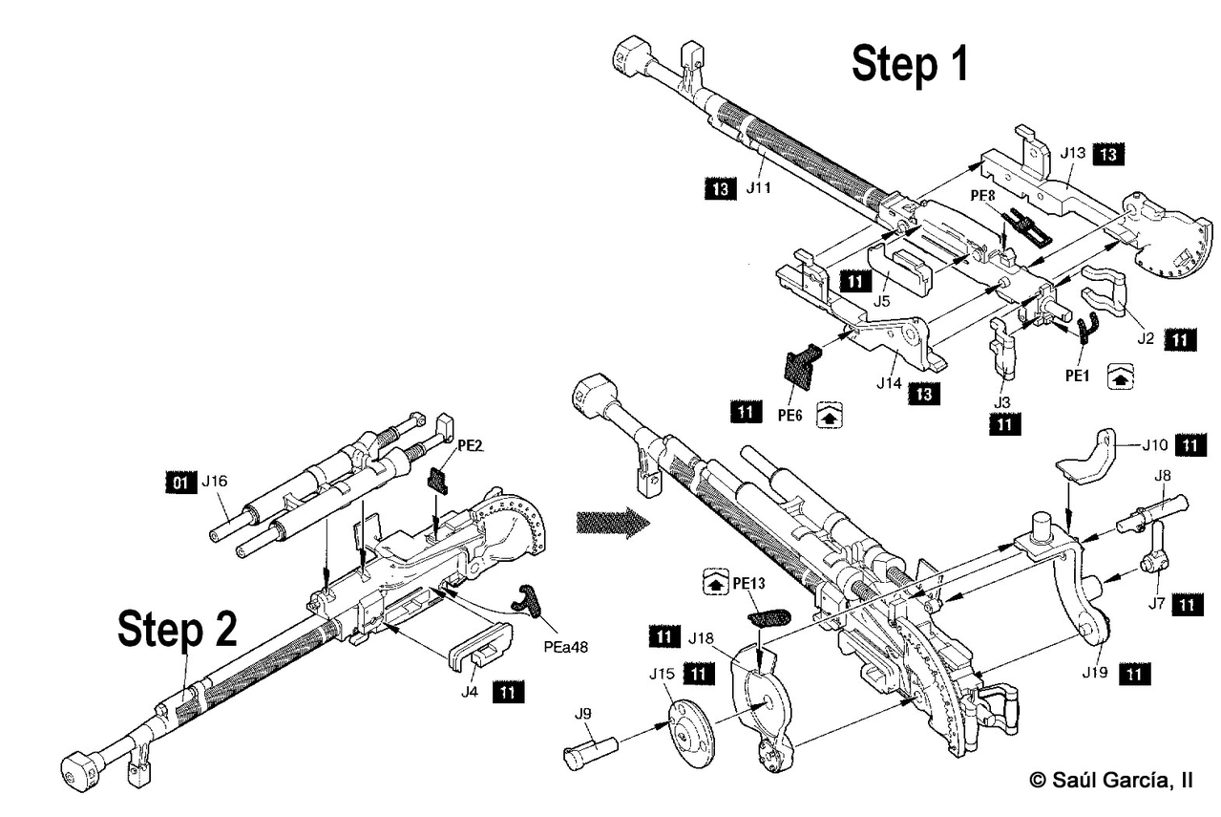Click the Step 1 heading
click(910, 64)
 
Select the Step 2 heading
click(178, 630)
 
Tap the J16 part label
click(214, 482)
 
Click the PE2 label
click(470, 446)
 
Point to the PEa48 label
click(566, 647)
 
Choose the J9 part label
click(582, 713)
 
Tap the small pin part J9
click(590, 752)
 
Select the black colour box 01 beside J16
click(180, 483)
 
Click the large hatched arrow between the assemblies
click(613, 523)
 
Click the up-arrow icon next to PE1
click(1121, 376)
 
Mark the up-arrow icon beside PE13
click(716, 582)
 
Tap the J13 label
click(1073, 153)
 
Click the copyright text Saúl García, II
click(1111, 780)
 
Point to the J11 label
click(758, 187)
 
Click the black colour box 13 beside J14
click(924, 394)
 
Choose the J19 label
click(1095, 673)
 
